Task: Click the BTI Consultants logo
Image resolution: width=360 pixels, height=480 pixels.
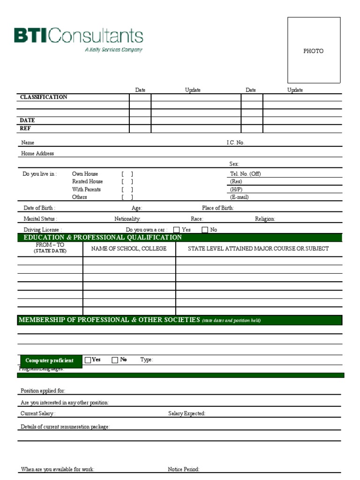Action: point(78,39)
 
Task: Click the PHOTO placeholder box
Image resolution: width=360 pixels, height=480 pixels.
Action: point(314,50)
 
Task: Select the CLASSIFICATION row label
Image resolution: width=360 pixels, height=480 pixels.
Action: point(43,97)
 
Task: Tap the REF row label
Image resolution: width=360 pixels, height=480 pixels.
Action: point(25,128)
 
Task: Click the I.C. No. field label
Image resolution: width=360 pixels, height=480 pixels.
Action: point(235,142)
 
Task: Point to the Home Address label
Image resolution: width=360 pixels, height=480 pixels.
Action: point(37,153)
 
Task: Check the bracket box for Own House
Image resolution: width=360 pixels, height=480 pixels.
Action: point(127,174)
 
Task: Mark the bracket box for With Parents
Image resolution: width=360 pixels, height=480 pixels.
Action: point(127,189)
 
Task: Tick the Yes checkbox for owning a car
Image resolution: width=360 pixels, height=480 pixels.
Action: point(177,230)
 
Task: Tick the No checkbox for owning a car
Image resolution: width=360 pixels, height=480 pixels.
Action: point(205,230)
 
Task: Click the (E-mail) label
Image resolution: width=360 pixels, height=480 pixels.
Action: point(239,197)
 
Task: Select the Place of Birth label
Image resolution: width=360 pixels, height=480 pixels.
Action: point(217,208)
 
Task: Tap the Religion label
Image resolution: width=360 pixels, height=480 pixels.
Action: point(265,219)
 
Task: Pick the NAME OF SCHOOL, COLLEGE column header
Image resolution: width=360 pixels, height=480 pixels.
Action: point(128,248)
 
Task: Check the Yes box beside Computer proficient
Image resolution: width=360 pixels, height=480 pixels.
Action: point(88,360)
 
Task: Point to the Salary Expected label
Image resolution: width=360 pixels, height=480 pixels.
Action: point(187,413)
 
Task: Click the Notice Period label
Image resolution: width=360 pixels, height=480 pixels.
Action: point(183,469)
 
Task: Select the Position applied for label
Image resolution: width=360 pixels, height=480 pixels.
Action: point(43,391)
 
